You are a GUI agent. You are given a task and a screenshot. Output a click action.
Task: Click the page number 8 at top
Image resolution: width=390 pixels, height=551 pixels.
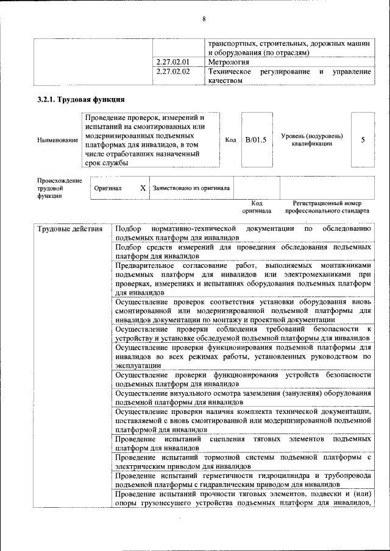[204, 19]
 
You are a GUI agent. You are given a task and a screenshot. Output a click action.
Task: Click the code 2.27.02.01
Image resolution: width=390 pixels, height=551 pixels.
[173, 62]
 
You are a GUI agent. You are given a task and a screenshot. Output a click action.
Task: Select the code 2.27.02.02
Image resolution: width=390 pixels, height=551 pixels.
[173, 72]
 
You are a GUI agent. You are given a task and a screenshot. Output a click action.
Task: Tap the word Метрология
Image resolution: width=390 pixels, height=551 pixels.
[229, 62]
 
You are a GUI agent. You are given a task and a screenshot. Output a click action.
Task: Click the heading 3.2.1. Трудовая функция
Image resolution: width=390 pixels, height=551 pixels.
[81, 99]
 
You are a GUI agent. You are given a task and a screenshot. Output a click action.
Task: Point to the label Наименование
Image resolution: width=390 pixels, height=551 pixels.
[57, 140]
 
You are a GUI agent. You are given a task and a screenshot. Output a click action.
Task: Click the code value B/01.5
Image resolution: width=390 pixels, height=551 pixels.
[256, 140]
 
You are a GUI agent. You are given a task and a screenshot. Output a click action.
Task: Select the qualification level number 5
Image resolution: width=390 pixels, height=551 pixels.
[363, 140]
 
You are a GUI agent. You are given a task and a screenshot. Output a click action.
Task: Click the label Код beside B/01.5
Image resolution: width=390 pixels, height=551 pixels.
[230, 140]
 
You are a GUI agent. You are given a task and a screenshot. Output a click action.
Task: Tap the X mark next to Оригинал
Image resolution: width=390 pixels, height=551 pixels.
[143, 188]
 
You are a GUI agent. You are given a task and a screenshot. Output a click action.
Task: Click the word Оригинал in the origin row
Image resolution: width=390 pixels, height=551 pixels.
[108, 189]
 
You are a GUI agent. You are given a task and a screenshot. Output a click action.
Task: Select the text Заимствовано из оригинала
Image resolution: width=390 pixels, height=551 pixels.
[191, 189]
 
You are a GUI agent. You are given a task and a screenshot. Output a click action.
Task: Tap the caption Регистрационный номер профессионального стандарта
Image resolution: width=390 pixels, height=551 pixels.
[327, 207]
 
